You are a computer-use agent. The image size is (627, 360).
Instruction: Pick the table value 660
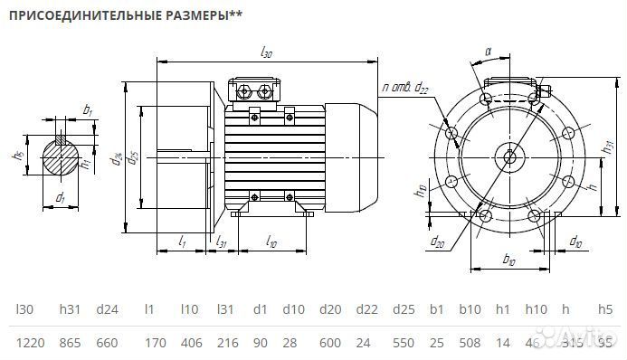click(108, 342)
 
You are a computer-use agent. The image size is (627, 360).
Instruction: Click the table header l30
click(24, 309)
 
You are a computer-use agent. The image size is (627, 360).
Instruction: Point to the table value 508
click(470, 342)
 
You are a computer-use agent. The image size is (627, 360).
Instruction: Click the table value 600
click(332, 342)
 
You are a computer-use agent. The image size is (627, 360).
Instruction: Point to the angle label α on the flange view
click(488, 53)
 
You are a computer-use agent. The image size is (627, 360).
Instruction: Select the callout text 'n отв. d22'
click(404, 87)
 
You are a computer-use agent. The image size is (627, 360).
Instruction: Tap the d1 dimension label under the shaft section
click(60, 196)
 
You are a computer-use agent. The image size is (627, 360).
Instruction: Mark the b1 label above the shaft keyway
click(88, 110)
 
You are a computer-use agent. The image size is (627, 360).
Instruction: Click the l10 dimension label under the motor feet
click(271, 242)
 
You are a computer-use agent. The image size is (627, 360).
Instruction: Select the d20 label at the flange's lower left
click(438, 242)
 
